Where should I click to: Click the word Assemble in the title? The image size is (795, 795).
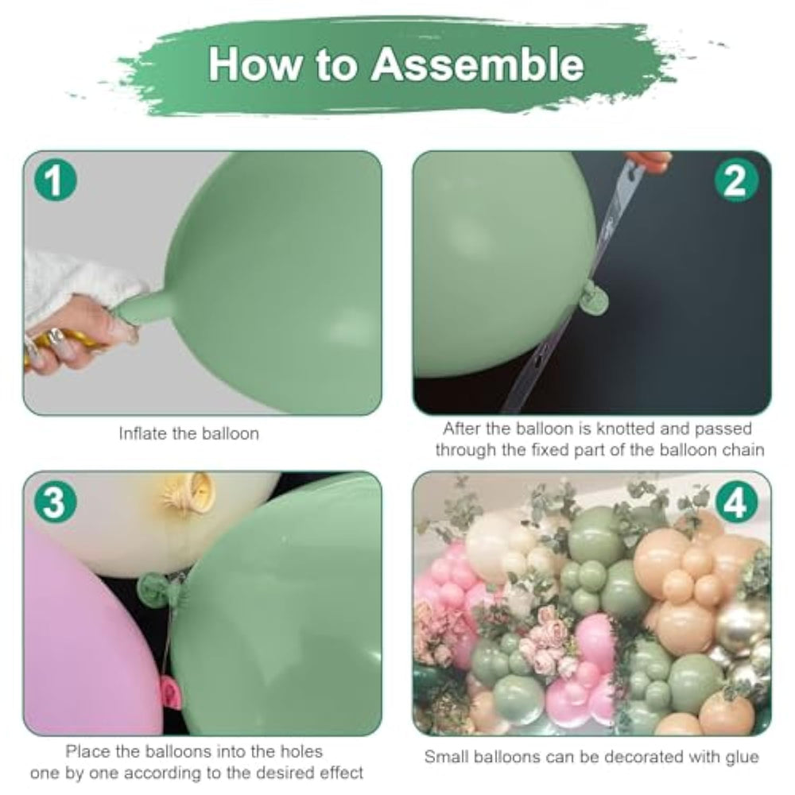tap(477, 64)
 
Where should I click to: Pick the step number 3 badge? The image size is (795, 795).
tap(56, 502)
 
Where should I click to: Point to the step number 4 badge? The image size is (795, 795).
tap(735, 502)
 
